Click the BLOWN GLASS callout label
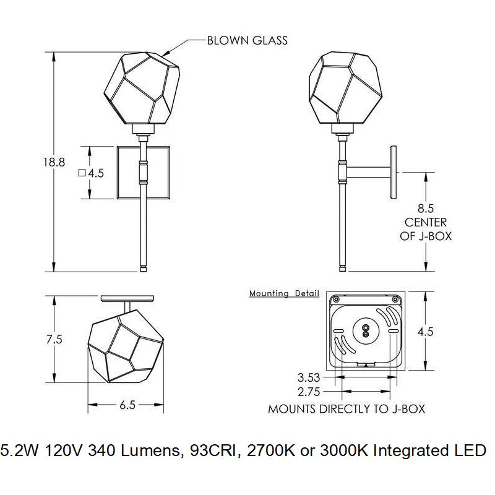(247, 41)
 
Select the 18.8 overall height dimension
(54, 163)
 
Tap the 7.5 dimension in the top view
(54, 340)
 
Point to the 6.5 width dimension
(127, 405)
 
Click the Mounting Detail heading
(284, 293)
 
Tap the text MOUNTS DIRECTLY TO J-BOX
(346, 409)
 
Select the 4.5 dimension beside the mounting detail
(425, 332)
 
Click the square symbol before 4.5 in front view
(81, 174)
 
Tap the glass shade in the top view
(126, 347)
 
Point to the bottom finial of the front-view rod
(144, 268)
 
